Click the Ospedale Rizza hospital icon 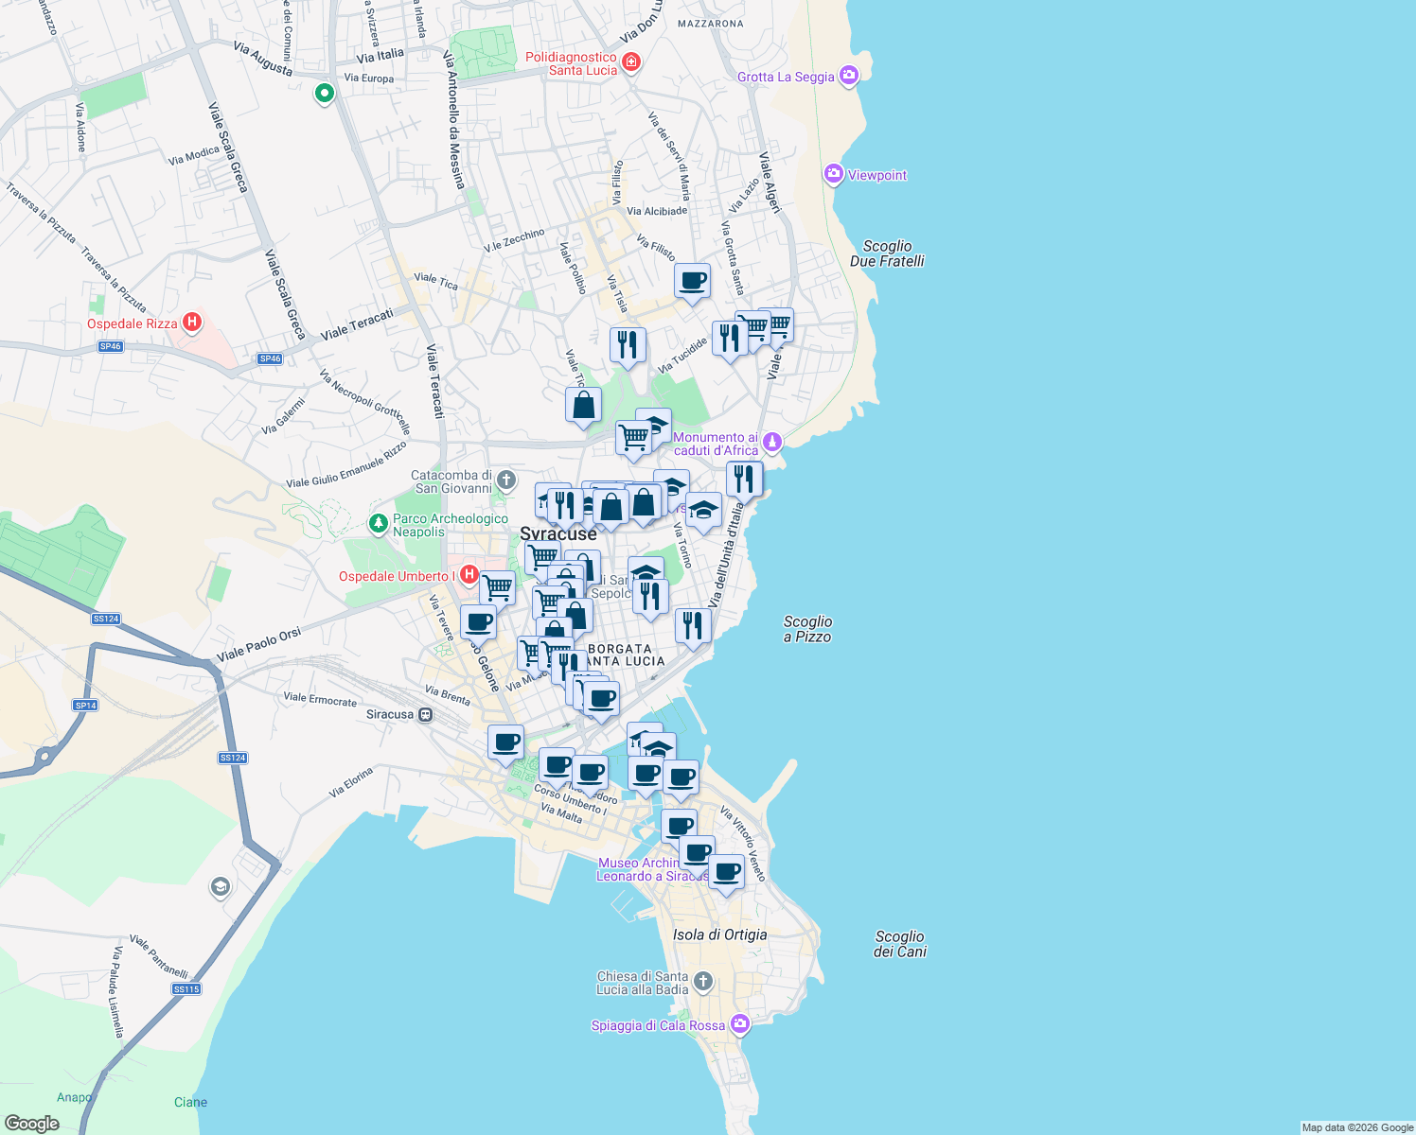(192, 323)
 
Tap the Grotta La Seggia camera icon (849, 76)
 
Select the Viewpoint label (876, 175)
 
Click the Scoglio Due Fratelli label (887, 253)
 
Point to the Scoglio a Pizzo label (807, 629)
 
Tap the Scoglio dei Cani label (899, 944)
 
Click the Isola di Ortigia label (719, 934)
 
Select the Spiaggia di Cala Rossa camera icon (740, 1024)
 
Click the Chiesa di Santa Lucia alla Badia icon (702, 982)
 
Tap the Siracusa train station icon (426, 714)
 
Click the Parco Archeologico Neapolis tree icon (379, 523)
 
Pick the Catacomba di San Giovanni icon (506, 480)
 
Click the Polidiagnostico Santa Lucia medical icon (631, 62)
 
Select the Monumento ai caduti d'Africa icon (772, 442)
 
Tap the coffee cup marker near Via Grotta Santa (693, 281)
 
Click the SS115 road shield (186, 989)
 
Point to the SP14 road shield (85, 706)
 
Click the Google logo (31, 1124)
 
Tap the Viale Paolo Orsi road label (258, 645)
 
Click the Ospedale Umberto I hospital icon (469, 575)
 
